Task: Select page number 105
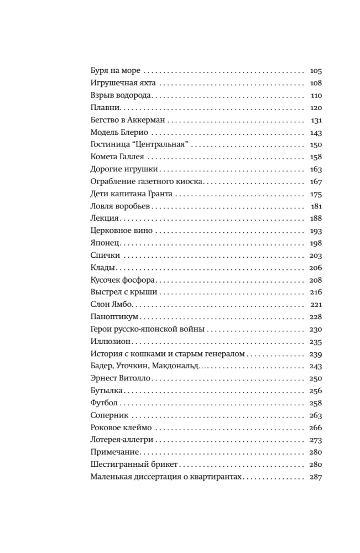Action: coord(316,71)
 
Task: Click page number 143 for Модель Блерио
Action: coord(316,133)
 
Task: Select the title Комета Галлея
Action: coord(117,158)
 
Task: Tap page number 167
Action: coord(316,182)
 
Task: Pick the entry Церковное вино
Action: coord(121,231)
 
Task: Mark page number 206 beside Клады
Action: coord(316,268)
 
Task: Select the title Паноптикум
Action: coord(113,317)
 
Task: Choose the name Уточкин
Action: coord(132,366)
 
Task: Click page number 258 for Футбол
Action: coord(316,403)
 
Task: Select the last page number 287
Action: coord(316,477)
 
